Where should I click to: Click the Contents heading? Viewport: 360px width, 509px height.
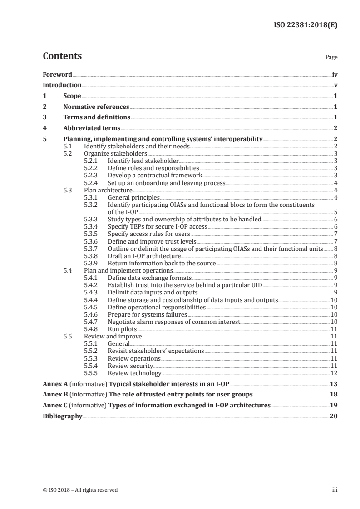[x=62, y=56]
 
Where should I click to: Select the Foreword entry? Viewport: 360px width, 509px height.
[x=57, y=74]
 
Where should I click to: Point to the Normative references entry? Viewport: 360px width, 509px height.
[x=96, y=107]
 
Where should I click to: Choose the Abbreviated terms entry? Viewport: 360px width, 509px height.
[x=92, y=128]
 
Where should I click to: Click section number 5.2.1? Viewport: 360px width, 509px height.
[x=93, y=161]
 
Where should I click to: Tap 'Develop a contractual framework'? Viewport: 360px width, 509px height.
[x=155, y=176]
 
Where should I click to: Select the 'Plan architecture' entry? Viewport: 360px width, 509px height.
[x=108, y=191]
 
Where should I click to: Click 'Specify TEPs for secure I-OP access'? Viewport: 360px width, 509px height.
[x=158, y=227]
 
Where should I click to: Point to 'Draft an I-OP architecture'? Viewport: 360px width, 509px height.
[x=144, y=256]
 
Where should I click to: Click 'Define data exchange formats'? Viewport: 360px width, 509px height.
[x=150, y=278]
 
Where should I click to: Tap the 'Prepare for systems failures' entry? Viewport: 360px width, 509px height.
[x=148, y=314]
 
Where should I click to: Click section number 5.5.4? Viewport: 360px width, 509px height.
[x=93, y=366]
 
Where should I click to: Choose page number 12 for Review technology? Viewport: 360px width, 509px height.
[x=334, y=373]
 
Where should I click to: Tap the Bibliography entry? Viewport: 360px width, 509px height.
[x=62, y=416]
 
